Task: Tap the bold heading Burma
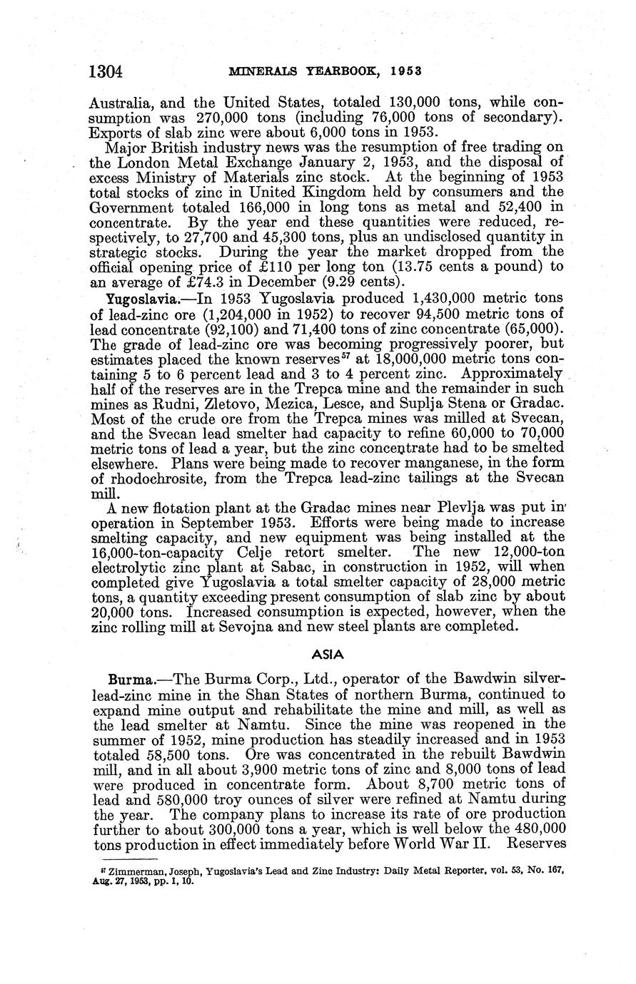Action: coord(128,678)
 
